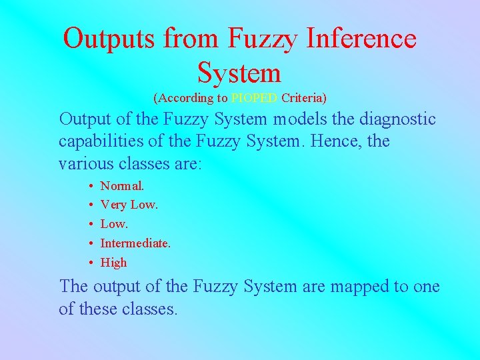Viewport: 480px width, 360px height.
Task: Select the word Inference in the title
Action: click(x=361, y=39)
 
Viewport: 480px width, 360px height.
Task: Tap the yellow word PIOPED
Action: click(x=255, y=99)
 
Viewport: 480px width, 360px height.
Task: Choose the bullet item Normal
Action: click(x=121, y=185)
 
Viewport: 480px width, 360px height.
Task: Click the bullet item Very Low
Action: click(x=129, y=205)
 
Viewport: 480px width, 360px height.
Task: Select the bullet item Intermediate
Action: click(x=135, y=243)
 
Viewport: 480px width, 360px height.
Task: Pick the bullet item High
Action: click(x=113, y=263)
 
